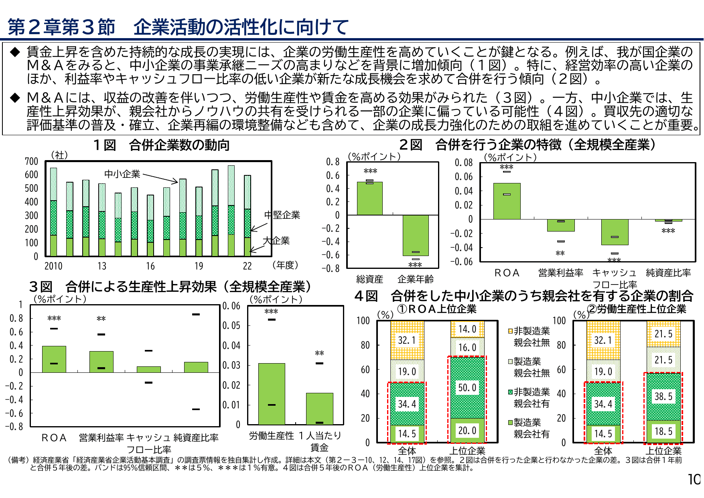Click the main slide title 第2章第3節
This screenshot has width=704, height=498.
click(x=61, y=27)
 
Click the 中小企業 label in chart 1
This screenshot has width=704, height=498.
click(x=122, y=174)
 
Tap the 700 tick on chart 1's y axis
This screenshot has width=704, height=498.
click(x=31, y=161)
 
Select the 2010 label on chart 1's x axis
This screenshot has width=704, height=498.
click(x=53, y=266)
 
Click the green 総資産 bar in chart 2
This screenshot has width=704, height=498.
click(x=369, y=199)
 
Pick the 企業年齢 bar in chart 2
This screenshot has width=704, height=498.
click(x=416, y=235)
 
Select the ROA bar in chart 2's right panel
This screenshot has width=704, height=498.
click(x=507, y=201)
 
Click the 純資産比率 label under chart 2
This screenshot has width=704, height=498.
click(x=668, y=273)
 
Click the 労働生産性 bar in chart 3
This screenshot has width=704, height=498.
click(x=272, y=394)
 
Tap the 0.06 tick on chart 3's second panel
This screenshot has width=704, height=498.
click(x=231, y=306)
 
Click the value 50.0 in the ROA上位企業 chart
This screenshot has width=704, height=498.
click(x=467, y=388)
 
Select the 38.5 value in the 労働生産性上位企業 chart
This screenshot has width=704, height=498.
click(x=663, y=396)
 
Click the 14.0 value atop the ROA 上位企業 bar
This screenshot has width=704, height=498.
click(x=467, y=329)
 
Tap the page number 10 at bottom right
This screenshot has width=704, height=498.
click(x=694, y=479)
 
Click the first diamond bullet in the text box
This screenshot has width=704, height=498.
click(x=15, y=52)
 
